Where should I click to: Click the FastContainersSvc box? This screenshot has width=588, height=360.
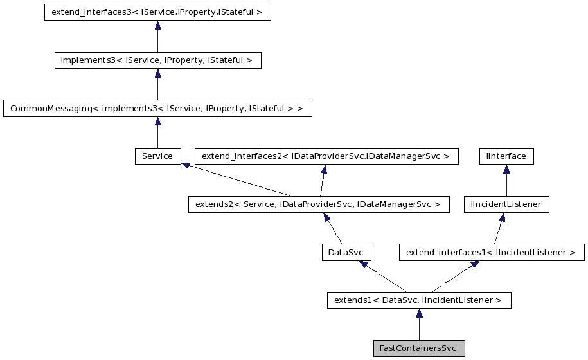point(418,348)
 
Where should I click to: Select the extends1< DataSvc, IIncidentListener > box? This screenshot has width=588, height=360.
point(418,300)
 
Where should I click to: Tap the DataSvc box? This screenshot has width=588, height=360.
point(347,252)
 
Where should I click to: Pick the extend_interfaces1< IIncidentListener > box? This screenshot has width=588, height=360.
point(492,252)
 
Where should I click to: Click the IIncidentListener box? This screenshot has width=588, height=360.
point(506,204)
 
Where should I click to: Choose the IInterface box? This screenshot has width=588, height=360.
point(506,156)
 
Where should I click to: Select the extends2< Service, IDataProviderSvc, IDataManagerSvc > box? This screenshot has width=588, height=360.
point(315,204)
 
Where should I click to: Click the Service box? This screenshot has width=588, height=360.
point(157,156)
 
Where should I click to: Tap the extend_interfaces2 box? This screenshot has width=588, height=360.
point(326,156)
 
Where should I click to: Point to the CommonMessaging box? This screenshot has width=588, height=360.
point(157,108)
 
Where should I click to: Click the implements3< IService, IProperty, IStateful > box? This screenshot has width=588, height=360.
point(157,60)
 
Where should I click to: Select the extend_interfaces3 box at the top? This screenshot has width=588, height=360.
point(157,12)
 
